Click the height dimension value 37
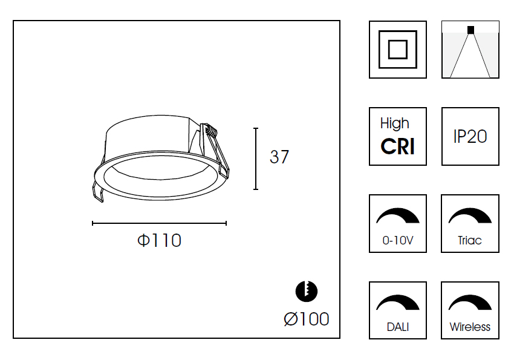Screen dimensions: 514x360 pyautogui.click(x=279, y=157)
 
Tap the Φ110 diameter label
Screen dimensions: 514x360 pyautogui.click(x=159, y=240)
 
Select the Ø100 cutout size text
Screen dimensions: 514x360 pyautogui.click(x=307, y=319)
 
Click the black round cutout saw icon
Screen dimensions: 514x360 pyautogui.click(x=307, y=291)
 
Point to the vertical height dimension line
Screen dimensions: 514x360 pyautogui.click(x=256, y=159)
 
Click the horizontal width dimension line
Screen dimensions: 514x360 pyautogui.click(x=159, y=223)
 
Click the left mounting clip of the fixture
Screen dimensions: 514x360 pyautogui.click(x=98, y=192)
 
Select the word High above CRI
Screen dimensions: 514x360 pyautogui.click(x=395, y=123)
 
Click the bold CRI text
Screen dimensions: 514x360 pyautogui.click(x=398, y=146)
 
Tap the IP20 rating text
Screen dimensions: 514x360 pyautogui.click(x=470, y=136)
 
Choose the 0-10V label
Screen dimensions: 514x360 pyautogui.click(x=398, y=240)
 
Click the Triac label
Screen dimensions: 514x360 pyautogui.click(x=470, y=240)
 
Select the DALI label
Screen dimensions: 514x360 pyautogui.click(x=398, y=327)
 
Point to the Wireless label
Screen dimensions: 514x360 pyautogui.click(x=470, y=327)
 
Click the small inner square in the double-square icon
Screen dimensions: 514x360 pyautogui.click(x=398, y=50)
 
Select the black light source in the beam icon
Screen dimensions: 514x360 pyautogui.click(x=470, y=30)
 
